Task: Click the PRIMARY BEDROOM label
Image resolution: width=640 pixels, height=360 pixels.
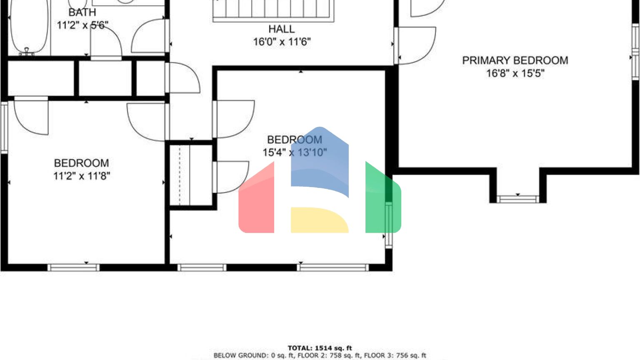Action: click(515, 60)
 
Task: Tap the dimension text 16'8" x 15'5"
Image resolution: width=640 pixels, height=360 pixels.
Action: click(515, 73)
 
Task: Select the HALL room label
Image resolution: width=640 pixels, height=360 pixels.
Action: click(281, 29)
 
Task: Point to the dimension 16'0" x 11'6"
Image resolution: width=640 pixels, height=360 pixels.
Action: click(282, 42)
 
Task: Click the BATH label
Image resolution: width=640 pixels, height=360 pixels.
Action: click(82, 12)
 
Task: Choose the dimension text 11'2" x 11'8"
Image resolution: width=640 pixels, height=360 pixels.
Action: click(81, 176)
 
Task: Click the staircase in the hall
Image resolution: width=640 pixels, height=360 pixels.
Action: click(273, 10)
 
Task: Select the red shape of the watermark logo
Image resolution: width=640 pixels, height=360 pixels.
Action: click(256, 200)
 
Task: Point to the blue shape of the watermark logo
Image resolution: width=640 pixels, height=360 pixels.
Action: click(320, 162)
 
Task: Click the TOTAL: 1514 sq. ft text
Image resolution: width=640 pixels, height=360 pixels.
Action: click(320, 348)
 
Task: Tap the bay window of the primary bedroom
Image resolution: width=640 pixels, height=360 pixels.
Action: click(517, 199)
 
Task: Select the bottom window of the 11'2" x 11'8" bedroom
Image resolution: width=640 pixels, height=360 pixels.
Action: click(73, 267)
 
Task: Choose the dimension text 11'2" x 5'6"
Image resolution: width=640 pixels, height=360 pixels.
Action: click(82, 25)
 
